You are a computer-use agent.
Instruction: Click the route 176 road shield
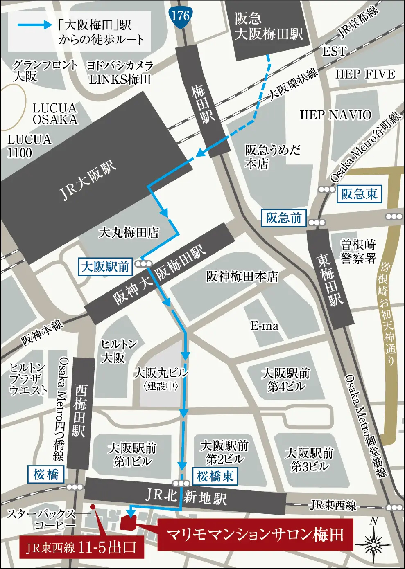(x=180, y=17)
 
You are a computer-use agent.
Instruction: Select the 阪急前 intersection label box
(x=283, y=218)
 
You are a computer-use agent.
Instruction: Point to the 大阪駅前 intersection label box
(x=105, y=267)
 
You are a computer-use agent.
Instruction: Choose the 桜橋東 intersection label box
(x=215, y=476)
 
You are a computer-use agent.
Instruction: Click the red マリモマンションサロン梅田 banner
(x=255, y=535)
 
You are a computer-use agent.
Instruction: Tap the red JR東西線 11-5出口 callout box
(x=82, y=548)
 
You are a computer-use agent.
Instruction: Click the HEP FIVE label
(x=365, y=74)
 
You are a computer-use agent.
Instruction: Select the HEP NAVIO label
(x=335, y=115)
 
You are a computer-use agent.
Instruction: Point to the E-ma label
(x=264, y=326)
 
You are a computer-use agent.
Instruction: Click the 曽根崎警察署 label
(x=358, y=251)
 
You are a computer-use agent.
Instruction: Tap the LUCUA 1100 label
(x=29, y=146)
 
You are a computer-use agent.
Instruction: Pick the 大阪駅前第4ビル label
(x=286, y=380)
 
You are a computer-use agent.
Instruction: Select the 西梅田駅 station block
(x=79, y=413)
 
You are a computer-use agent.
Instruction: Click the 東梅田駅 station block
(x=330, y=279)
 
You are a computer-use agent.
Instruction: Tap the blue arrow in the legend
(x=35, y=25)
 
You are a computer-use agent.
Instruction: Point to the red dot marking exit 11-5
(x=93, y=507)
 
